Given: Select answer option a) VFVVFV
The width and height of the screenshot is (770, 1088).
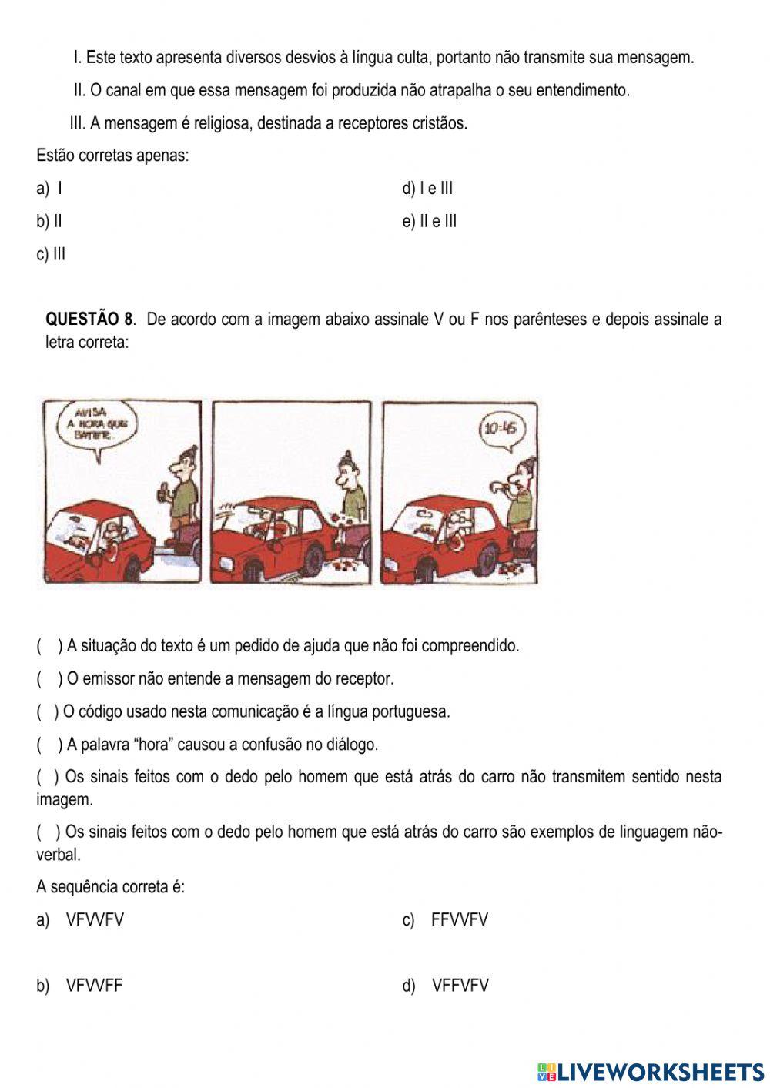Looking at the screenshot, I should [80, 919].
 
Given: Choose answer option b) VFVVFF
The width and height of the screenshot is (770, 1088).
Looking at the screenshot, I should [79, 986].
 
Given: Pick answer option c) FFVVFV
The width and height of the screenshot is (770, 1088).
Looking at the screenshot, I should [445, 919].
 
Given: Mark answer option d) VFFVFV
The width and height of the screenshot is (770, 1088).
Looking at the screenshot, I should [445, 986].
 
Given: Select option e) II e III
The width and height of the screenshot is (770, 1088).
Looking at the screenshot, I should [430, 222].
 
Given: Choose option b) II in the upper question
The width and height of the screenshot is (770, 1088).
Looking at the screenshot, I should [49, 222].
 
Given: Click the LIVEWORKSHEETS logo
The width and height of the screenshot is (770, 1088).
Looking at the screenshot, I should [651, 1071].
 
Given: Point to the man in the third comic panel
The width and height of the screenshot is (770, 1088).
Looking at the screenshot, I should [521, 493].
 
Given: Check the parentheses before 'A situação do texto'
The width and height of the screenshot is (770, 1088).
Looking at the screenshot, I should [49, 646].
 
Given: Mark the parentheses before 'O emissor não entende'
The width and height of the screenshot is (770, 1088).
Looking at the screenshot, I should [49, 679].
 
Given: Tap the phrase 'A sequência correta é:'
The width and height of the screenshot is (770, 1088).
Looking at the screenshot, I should [110, 887].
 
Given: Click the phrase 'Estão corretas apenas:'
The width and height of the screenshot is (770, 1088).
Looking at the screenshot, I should [112, 156].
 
